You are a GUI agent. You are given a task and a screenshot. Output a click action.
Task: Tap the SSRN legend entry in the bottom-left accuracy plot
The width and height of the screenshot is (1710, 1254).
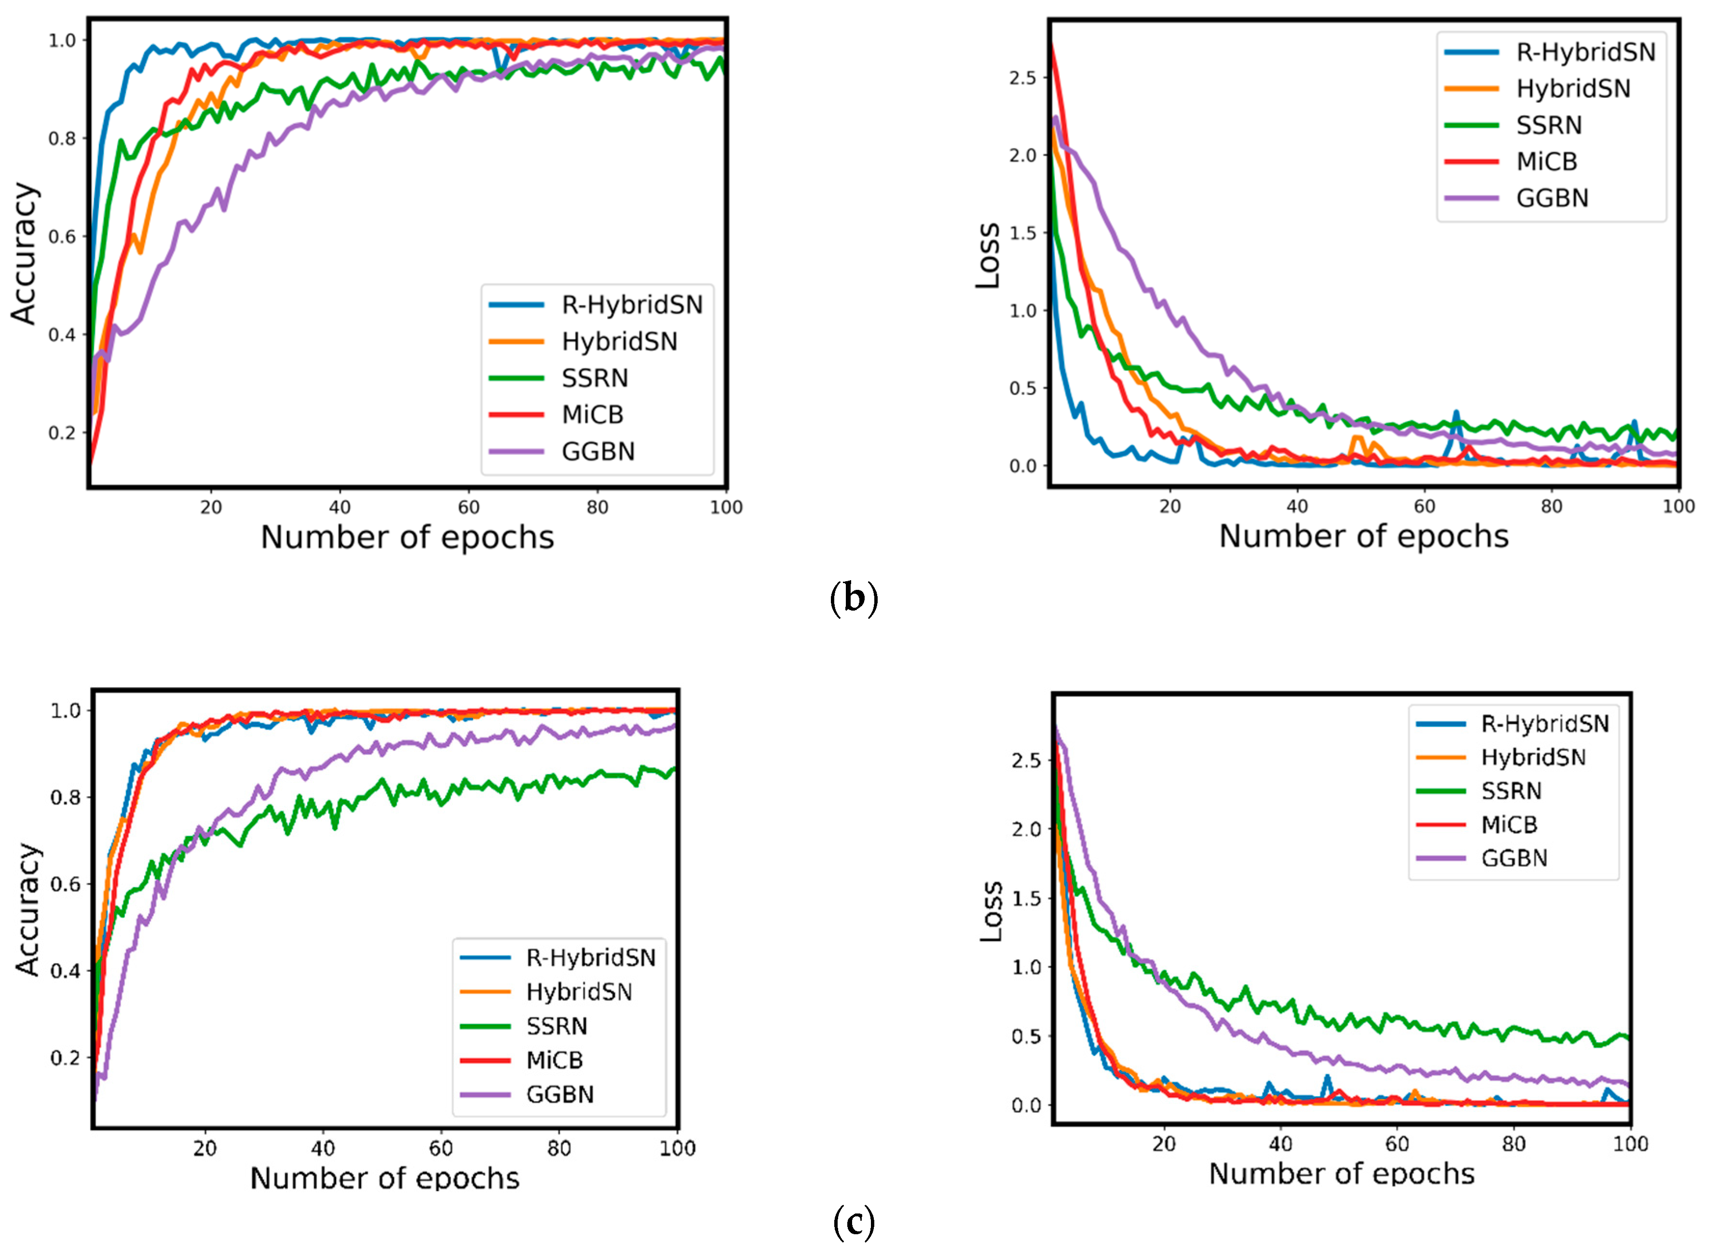(x=556, y=1026)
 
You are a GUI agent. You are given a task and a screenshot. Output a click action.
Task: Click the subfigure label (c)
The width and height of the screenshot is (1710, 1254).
(x=854, y=1222)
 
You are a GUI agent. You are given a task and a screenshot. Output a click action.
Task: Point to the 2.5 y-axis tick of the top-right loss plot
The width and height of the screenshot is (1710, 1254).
(x=1022, y=78)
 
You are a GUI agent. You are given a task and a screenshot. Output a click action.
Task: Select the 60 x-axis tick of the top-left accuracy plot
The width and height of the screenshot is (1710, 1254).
(x=468, y=507)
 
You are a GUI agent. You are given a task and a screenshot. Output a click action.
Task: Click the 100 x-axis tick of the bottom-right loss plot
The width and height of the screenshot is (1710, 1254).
(x=1629, y=1144)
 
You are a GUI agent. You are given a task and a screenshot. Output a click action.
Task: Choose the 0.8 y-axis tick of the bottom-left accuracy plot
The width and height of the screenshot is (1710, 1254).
(x=65, y=797)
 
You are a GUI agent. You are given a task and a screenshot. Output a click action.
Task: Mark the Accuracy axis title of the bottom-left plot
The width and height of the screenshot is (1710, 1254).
(x=27, y=909)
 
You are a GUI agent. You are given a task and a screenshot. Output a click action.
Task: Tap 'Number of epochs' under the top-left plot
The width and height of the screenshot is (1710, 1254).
(x=407, y=537)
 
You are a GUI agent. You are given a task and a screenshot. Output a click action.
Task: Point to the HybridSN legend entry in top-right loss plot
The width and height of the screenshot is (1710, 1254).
(x=1573, y=89)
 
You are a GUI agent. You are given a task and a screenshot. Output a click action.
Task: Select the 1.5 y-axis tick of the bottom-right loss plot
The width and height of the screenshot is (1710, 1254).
(x=1025, y=898)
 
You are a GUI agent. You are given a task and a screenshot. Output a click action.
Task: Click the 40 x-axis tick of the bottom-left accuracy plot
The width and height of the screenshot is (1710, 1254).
(x=323, y=1148)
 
